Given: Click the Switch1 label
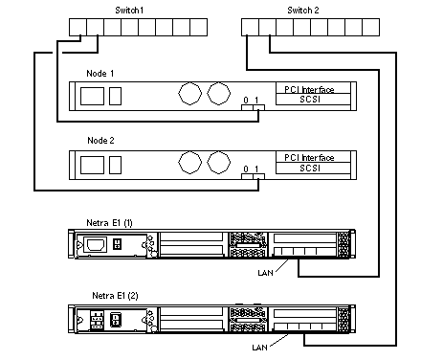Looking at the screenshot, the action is click(129, 11).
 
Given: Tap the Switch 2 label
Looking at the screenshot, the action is click(303, 11).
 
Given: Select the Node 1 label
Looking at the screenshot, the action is click(100, 74).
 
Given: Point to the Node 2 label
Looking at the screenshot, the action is click(100, 141).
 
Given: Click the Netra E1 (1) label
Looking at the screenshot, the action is click(109, 222).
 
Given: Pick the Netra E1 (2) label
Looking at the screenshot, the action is click(115, 296).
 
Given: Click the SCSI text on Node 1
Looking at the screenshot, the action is click(310, 100).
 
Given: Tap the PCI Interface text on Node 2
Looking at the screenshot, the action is click(309, 157).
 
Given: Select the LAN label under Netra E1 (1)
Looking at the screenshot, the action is click(265, 273).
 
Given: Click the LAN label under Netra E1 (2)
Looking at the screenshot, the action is click(259, 348).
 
